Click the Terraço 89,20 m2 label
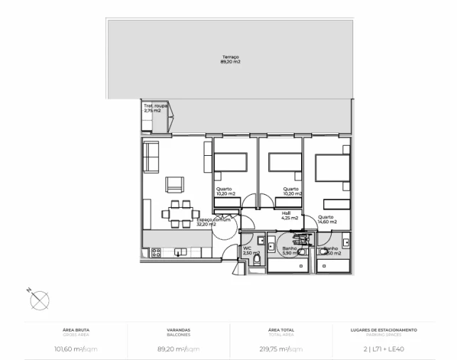[x=230, y=60]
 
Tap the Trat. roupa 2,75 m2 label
[x=155, y=108]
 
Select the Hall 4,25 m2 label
[x=288, y=215]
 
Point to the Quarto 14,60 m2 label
[x=327, y=219]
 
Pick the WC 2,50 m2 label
[x=249, y=250]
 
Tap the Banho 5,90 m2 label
[x=290, y=250]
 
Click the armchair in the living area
[x=176, y=185]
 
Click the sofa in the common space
[x=151, y=157]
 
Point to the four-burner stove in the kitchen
[x=155, y=251]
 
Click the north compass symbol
[x=38, y=300]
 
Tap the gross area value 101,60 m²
[x=77, y=349]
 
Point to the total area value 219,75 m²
[x=280, y=349]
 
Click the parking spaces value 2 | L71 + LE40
[x=384, y=349]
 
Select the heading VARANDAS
[x=179, y=330]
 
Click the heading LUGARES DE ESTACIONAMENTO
[x=384, y=330]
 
